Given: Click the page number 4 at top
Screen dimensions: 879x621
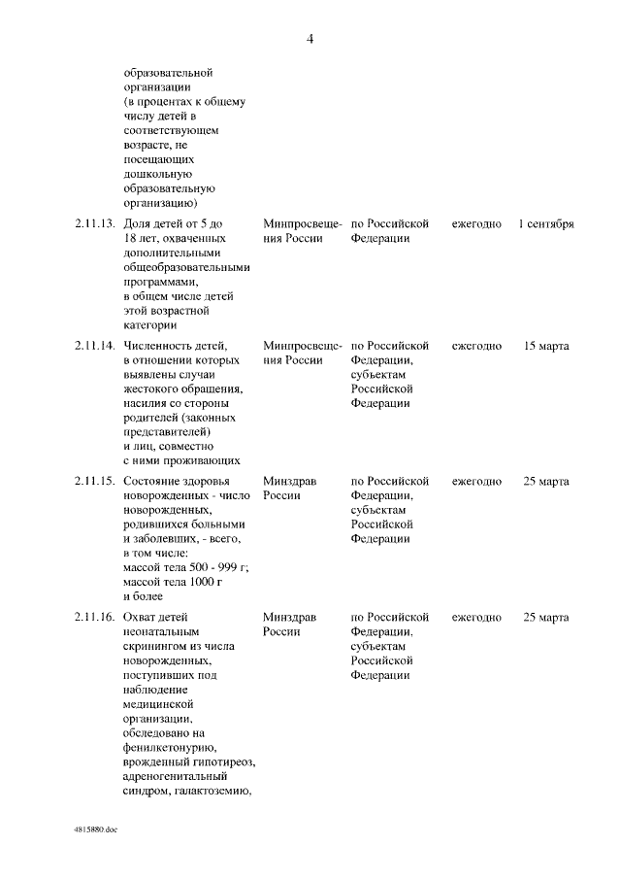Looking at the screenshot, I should [310, 39].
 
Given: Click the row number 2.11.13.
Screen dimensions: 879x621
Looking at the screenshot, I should [95, 223].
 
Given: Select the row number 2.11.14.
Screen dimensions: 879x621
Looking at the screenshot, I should [95, 346].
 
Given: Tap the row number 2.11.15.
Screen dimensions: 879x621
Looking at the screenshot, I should [95, 481].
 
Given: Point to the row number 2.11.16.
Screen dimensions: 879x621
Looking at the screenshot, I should [95, 617].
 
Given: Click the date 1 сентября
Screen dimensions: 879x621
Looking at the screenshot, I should [545, 223].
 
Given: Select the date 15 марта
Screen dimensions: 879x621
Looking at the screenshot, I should [545, 346].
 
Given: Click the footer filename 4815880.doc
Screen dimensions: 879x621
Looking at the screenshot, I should [94, 831].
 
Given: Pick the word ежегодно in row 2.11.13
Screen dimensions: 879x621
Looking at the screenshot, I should [476, 223].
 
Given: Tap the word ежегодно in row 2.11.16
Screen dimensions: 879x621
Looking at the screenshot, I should [476, 617].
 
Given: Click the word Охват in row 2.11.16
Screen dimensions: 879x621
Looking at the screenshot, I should [141, 617].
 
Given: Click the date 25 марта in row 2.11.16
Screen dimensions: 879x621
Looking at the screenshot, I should [545, 617].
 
